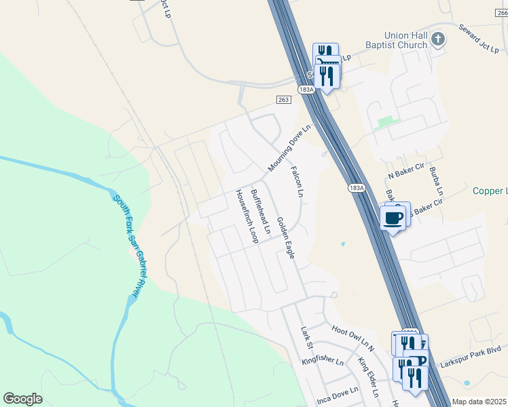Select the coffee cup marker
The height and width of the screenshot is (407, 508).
point(394,218)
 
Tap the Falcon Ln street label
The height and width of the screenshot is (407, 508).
point(296,182)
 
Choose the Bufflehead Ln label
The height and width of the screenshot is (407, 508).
point(260,212)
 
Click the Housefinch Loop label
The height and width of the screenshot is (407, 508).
point(247,216)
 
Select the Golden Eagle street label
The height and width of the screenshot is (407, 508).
point(285,237)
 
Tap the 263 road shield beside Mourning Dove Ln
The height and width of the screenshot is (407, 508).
point(284,100)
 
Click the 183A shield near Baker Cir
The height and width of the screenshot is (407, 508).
point(356,188)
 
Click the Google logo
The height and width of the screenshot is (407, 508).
point(22,399)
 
